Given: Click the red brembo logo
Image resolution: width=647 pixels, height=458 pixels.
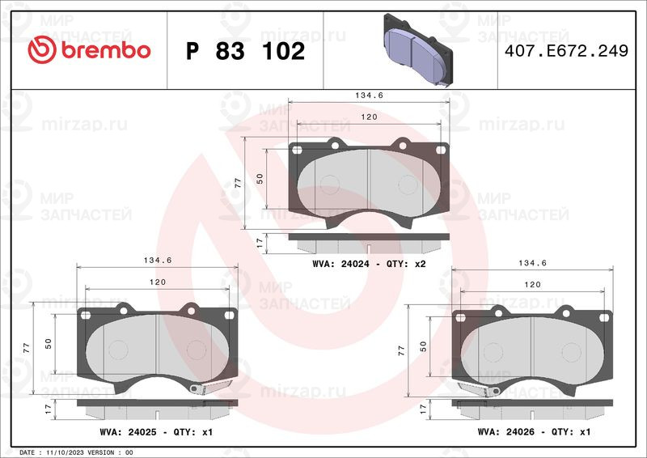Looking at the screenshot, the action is point(89,50).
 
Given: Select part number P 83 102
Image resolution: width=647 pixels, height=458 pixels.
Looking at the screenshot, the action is point(245,51).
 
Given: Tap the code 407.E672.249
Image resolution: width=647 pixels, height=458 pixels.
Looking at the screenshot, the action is point(567,51).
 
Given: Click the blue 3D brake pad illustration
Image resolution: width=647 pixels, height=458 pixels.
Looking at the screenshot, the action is point(418,50).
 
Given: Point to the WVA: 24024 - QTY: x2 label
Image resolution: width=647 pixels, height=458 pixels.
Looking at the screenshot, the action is point(369,264).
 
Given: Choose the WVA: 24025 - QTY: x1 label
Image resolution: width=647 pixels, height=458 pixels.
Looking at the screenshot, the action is point(156,432).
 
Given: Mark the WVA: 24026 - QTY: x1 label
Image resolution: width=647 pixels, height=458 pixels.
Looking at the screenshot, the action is point(534,431).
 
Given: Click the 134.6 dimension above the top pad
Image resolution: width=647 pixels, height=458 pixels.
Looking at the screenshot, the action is point(369,95).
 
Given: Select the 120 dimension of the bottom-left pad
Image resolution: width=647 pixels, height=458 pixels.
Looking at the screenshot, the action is point(157,282).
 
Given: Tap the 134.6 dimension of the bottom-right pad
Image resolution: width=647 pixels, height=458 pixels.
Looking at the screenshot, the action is point(532,263).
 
